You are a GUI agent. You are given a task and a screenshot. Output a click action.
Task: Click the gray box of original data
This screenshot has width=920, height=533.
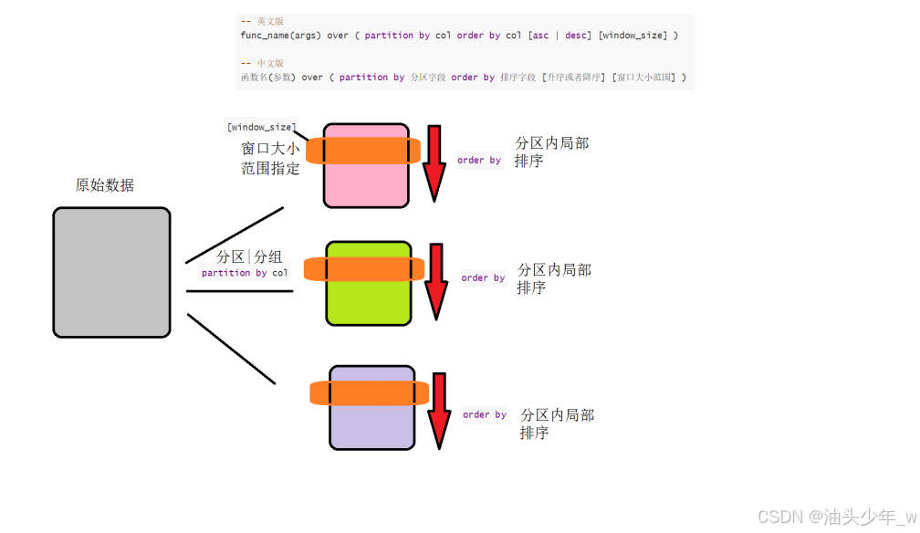(x=111, y=272)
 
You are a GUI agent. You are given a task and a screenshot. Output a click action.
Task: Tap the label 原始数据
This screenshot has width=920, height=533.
(x=104, y=185)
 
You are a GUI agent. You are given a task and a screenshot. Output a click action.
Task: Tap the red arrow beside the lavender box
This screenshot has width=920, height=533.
(x=440, y=410)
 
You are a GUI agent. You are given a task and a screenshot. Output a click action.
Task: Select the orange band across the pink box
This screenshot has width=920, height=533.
(x=363, y=151)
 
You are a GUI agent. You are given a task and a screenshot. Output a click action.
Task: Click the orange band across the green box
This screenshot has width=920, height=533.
(x=363, y=268)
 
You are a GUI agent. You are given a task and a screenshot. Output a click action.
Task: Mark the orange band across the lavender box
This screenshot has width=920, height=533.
(x=370, y=393)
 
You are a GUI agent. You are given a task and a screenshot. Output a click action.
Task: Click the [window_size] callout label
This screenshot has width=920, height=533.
(x=261, y=127)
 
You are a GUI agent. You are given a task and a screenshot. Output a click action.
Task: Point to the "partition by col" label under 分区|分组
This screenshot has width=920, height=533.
(x=244, y=273)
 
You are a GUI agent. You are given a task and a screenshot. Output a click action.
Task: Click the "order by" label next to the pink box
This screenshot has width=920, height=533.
(x=479, y=161)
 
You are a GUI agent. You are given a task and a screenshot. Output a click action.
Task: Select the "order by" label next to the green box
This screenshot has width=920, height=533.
(x=483, y=278)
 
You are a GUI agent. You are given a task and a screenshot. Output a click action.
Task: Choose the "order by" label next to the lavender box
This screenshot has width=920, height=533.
(x=485, y=414)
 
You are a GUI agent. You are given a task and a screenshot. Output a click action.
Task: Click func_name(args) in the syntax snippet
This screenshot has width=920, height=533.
(x=273, y=35)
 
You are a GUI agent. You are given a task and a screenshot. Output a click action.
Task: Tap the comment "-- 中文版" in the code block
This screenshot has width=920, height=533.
(x=262, y=63)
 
